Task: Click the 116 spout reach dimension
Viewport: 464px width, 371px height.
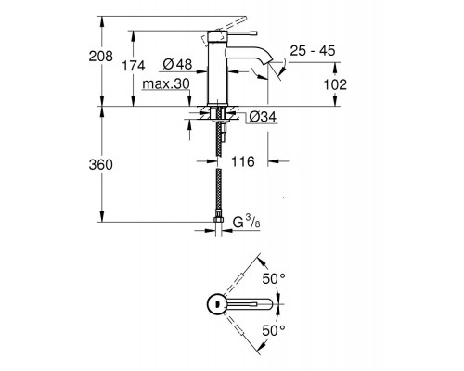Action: click(243, 161)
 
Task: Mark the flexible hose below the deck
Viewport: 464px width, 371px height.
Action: click(219, 172)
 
